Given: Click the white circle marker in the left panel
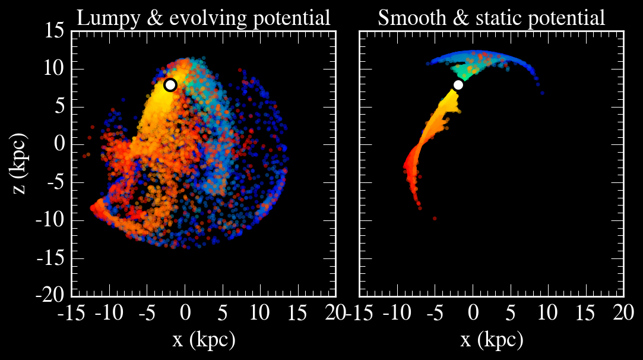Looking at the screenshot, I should coord(170,84).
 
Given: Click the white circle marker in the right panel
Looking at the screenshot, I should coord(458,84).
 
